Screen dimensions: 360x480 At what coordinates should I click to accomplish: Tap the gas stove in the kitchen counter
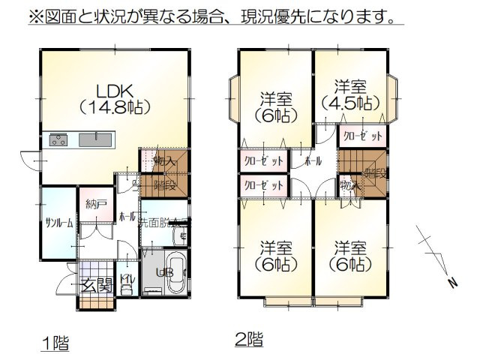pos(58,139)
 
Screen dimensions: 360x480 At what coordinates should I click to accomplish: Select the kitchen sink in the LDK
pos(94,139)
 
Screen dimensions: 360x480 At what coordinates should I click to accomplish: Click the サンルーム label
pos(58,223)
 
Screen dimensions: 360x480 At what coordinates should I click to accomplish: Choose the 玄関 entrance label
pos(95,285)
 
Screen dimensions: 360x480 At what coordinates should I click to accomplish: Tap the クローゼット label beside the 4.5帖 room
pos(363,137)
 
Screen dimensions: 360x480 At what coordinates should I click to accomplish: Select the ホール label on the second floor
pos(314,162)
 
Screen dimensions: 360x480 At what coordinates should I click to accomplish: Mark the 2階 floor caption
pos(248,338)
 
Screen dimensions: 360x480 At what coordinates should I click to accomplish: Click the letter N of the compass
pos(452,283)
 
